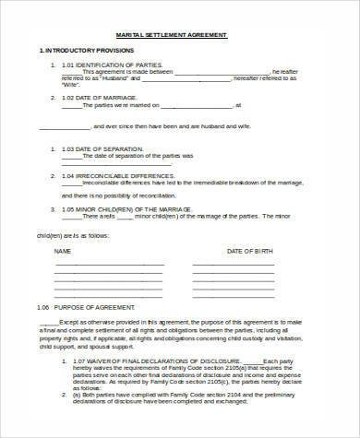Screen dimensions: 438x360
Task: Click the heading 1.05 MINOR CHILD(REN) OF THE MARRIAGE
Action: [135, 208]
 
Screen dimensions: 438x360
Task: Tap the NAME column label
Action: [63, 251]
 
